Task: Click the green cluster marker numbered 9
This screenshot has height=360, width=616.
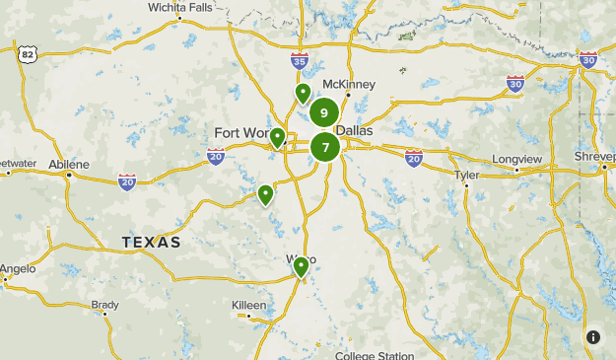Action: (324, 113)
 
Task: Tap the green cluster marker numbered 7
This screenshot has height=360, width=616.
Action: (325, 148)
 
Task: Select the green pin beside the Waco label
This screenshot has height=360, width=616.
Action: (302, 266)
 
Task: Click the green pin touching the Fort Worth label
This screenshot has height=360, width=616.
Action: (278, 137)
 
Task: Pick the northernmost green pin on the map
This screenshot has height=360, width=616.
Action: (303, 93)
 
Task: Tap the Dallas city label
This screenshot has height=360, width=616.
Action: (355, 130)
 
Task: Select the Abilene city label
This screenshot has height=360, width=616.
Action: (67, 164)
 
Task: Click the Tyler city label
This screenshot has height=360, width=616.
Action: (466, 176)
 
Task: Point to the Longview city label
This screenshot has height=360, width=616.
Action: (517, 158)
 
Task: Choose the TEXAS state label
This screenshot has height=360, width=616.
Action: (151, 242)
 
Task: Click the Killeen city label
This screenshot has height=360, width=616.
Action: (248, 306)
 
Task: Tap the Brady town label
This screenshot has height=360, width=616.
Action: (104, 305)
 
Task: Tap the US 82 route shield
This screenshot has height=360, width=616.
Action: (26, 53)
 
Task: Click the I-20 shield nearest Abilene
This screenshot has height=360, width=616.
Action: (127, 181)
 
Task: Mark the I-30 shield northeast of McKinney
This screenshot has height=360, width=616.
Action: (515, 84)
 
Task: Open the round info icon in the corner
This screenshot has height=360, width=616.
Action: (592, 337)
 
